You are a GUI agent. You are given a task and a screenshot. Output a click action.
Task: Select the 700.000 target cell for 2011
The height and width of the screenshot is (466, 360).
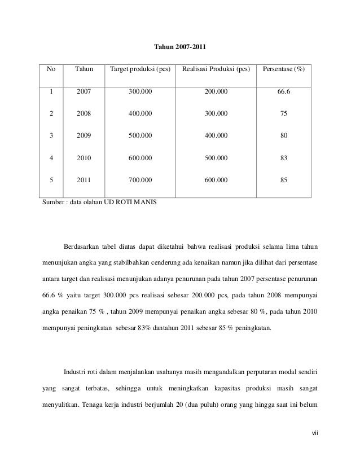(x=139, y=180)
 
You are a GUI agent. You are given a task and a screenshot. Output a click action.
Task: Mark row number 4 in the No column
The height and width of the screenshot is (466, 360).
(x=51, y=158)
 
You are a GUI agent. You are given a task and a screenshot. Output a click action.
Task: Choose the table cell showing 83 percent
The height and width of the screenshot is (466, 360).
(x=283, y=158)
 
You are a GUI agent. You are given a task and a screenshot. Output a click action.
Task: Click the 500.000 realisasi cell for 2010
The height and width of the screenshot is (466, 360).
(x=216, y=158)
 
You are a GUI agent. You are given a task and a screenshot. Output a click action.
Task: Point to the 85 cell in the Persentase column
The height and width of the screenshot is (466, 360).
(x=283, y=180)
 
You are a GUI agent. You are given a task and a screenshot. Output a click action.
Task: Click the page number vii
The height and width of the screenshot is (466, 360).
(x=314, y=433)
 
